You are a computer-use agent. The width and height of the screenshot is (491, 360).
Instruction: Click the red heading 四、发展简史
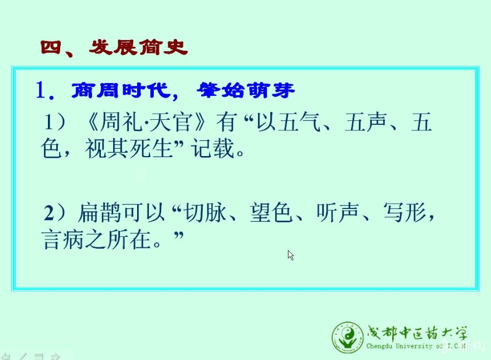[x=114, y=48]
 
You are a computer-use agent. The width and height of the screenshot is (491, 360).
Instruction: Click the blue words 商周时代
[x=121, y=90]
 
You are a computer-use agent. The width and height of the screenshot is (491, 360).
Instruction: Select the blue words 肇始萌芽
[x=246, y=90]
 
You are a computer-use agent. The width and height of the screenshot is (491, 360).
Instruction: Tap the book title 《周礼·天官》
[x=145, y=122]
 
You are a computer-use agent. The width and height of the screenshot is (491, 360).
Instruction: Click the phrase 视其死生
[x=129, y=148]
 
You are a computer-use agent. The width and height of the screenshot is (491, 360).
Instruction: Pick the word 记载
[x=213, y=148]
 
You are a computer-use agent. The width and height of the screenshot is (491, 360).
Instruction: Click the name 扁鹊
[x=100, y=212]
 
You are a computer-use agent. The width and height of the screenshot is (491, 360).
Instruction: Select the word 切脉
[x=205, y=212]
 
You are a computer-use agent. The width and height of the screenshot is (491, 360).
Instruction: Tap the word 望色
[x=271, y=212]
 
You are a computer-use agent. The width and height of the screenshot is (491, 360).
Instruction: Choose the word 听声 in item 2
[x=337, y=212]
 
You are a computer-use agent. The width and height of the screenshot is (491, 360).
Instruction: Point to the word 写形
[x=404, y=212]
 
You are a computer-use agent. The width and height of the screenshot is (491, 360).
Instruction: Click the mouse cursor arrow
[x=290, y=255]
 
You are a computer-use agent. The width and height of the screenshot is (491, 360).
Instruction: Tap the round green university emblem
[x=348, y=337]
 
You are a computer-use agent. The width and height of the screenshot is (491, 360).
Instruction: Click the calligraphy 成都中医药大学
[x=417, y=333]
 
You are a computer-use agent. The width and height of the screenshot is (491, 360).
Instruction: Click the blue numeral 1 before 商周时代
[x=41, y=90]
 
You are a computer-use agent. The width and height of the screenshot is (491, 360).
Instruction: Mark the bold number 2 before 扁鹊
[x=49, y=213]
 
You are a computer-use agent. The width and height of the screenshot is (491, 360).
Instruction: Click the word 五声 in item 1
[x=366, y=122]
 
